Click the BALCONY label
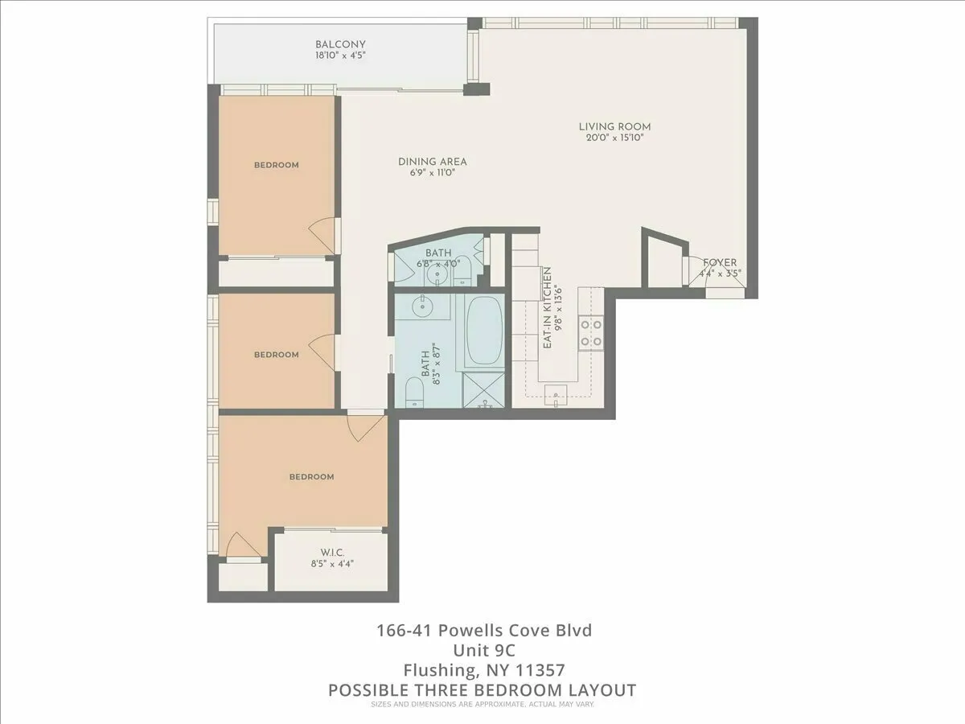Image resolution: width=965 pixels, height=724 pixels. tap(340, 44)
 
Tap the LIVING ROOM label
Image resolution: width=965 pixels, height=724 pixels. tap(615, 126)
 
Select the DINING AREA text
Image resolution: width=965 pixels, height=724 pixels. tap(433, 162)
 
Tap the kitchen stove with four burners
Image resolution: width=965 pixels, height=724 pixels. tap(591, 334)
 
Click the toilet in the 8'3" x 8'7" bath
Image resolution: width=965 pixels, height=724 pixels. tap(414, 393)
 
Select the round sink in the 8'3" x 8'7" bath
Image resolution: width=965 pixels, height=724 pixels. tap(421, 306)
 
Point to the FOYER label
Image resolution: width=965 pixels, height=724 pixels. tap(720, 262)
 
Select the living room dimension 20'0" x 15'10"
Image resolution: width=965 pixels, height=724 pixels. tap(615, 138)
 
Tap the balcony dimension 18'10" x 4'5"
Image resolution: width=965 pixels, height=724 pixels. tap(340, 56)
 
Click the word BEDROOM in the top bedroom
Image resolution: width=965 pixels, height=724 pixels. tap(276, 165)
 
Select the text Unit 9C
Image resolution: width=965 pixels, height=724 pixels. tap(483, 650)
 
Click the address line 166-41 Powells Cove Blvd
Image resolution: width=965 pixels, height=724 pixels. tap(483, 630)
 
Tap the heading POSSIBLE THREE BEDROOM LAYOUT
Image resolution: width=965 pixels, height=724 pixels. tap(482, 690)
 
